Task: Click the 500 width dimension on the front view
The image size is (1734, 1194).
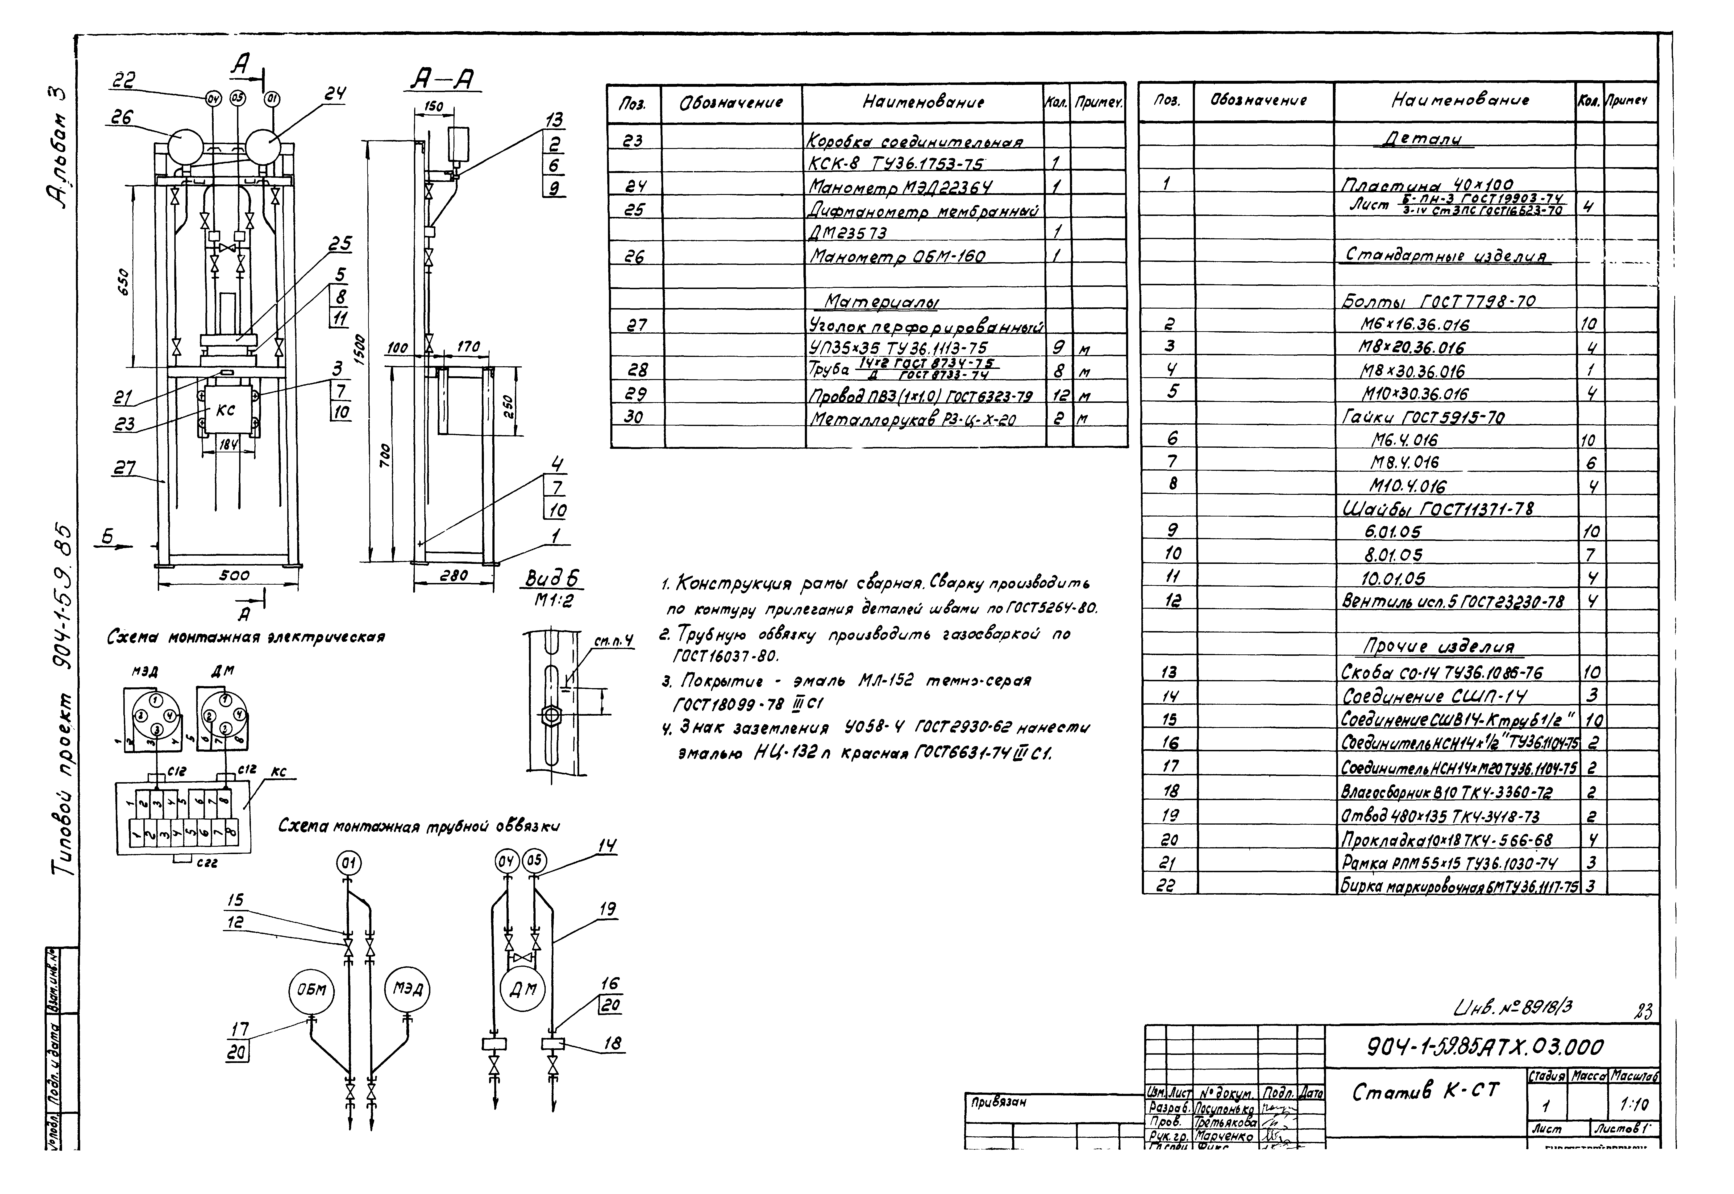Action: [x=234, y=575]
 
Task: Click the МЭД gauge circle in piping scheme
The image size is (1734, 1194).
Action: [x=408, y=990]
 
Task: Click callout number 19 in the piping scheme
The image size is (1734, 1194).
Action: [x=608, y=909]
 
